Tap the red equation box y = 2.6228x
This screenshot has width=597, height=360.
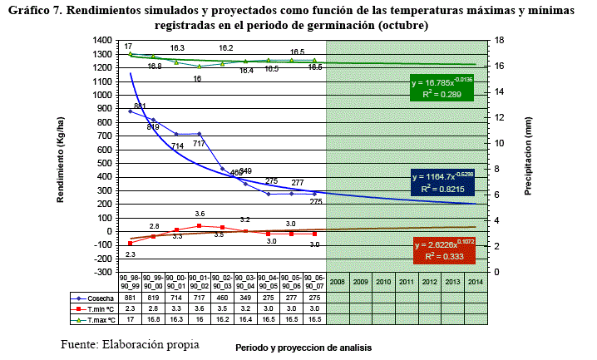(x=444, y=251)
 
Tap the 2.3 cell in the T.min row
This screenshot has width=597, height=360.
(x=130, y=308)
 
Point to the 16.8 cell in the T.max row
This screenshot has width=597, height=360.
(x=153, y=318)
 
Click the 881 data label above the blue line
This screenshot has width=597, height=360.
(x=140, y=106)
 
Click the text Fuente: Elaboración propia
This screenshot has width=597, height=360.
(x=130, y=343)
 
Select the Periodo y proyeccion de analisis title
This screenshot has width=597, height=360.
(x=303, y=346)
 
